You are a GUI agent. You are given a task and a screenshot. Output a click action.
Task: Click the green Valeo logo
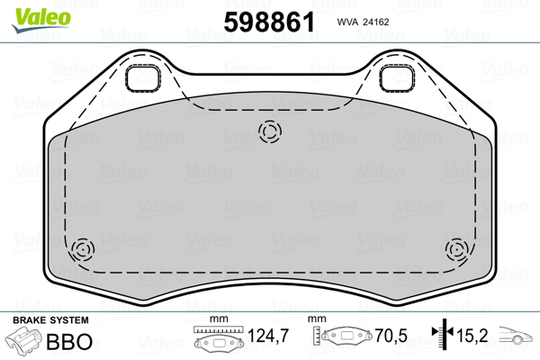coord(41,20)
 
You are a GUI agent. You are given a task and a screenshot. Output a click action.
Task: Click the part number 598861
coord(269,22)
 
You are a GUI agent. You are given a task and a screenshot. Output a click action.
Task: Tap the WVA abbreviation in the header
coord(347,22)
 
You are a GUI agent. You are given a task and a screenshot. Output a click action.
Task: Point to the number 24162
coord(376,22)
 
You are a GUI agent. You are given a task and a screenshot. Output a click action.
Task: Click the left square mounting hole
coord(142,78)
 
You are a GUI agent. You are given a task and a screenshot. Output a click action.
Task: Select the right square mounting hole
coord(397,78)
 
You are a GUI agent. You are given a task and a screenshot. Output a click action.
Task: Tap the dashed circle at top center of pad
coord(270,131)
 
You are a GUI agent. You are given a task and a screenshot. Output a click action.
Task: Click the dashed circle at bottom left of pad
coord(83,249)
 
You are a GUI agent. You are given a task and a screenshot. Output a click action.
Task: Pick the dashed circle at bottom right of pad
coord(456,249)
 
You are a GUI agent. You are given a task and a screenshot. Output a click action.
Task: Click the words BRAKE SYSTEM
coord(50,320)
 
